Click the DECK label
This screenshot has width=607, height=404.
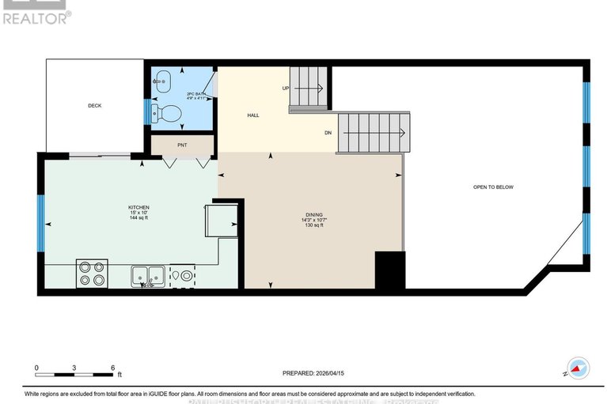point(94,105)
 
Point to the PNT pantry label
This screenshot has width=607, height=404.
point(181,145)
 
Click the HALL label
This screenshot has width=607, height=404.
point(253,115)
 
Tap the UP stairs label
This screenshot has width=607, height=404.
point(285,88)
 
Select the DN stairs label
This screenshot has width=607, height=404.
point(328,132)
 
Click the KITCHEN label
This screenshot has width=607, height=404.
point(138,207)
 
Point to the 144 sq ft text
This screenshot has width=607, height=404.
point(138,217)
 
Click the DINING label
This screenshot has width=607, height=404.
point(314,214)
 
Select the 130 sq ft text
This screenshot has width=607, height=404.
point(314,225)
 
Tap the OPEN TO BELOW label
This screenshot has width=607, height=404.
point(493,187)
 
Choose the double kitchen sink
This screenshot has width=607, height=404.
point(148,276)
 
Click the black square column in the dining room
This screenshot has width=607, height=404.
point(389,270)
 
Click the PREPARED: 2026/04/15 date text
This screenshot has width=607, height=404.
point(313,372)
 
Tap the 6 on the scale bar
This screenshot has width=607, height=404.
point(112,368)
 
